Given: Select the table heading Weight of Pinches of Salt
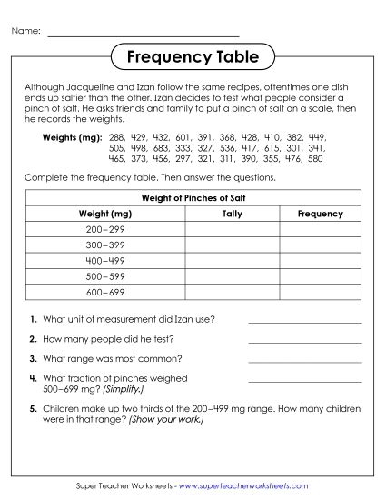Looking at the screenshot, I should coord(193,197).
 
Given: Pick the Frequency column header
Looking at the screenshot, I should coord(320,214).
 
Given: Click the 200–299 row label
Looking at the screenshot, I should coord(106,229).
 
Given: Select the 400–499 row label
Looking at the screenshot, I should coord(106,260).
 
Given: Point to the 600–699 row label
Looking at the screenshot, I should coord(106,291).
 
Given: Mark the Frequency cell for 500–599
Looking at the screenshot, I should coord(320,275).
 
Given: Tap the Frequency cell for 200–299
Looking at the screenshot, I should coord(320,229).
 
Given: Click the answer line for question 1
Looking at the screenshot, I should coord(304,322).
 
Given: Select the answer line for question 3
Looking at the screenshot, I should coord(304,361).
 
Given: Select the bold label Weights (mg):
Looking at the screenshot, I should coord(70,136).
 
